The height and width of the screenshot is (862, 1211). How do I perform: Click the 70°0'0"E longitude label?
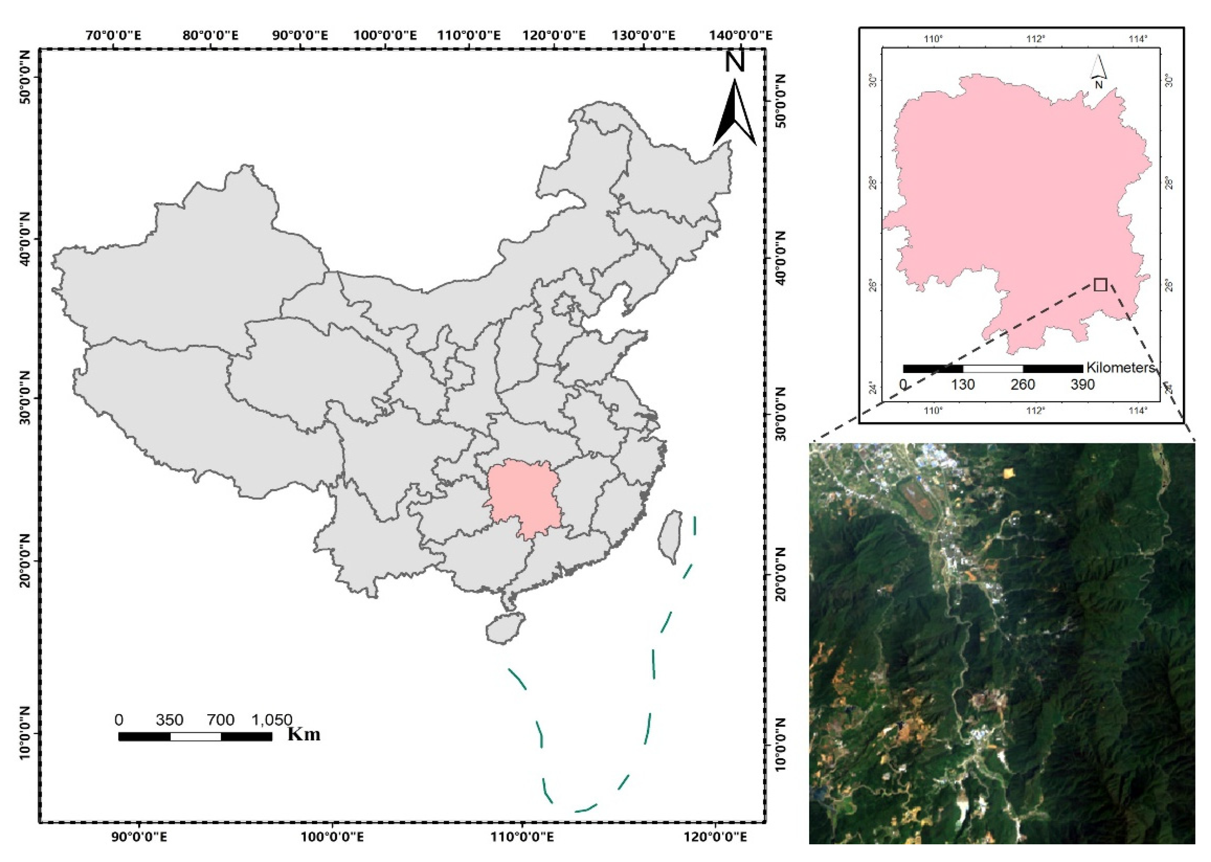[x=113, y=35]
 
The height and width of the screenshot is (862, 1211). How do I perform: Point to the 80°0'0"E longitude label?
[x=211, y=35]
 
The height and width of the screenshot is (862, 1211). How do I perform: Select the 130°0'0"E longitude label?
[x=643, y=35]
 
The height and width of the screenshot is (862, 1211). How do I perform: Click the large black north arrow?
[x=735, y=114]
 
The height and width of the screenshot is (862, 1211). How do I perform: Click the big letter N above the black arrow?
[x=735, y=61]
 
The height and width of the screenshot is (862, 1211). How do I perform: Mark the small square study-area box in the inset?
[x=1101, y=285]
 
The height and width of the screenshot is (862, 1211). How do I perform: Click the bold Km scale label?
[x=304, y=734]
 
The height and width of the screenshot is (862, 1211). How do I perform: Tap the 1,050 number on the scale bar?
[x=271, y=720]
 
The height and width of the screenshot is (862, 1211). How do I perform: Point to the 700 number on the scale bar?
[x=221, y=720]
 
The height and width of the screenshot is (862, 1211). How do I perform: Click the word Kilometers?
[x=1120, y=367]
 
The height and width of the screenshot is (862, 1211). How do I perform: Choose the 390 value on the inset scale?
[x=1082, y=384]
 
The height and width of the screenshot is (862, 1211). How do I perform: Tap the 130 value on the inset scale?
[x=963, y=384]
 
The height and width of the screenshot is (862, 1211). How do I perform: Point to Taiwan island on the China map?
[x=670, y=536]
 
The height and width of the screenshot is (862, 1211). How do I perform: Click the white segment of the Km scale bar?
[x=195, y=736]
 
